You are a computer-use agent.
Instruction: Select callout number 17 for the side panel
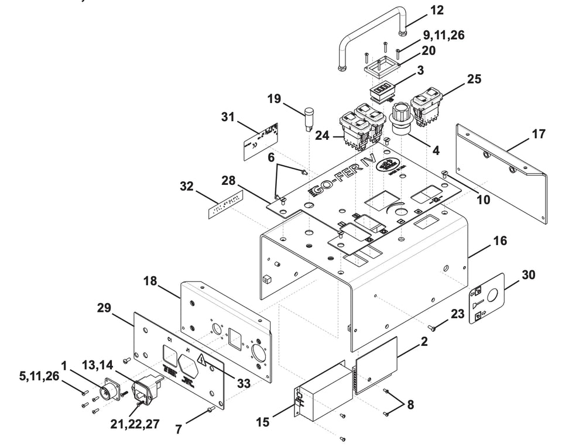[538, 135]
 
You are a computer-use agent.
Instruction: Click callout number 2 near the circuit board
[424, 342]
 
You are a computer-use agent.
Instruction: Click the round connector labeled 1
[113, 389]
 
